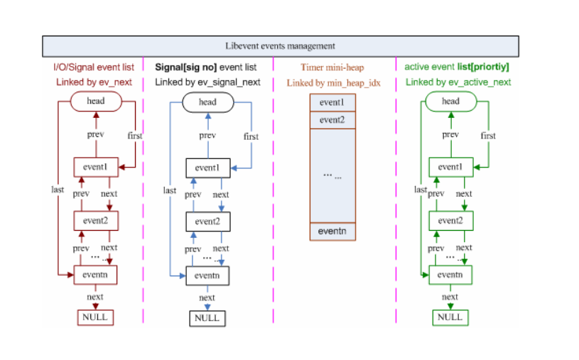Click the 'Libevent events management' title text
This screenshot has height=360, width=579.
tap(281, 45)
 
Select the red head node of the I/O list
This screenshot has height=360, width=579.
tap(96, 101)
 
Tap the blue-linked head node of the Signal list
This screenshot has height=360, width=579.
tap(208, 102)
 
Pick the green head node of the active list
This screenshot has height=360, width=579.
tap(451, 101)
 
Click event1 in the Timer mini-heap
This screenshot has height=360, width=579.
tap(332, 102)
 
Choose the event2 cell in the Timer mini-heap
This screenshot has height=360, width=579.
tap(332, 120)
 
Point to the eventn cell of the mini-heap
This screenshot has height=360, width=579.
tap(332, 231)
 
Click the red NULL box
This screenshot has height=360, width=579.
tap(95, 317)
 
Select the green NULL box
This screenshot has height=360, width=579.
tap(450, 317)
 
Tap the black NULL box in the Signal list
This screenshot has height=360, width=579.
tap(207, 318)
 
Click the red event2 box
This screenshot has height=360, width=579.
tap(96, 221)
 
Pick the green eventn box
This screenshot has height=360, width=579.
tap(450, 275)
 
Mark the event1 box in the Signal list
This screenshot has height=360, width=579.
tap(208, 168)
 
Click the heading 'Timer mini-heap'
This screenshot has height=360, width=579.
tap(332, 67)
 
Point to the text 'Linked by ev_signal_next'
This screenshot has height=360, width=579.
tap(207, 82)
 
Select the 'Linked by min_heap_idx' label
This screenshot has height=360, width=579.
tap(333, 83)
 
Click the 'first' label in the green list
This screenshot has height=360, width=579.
tap(488, 136)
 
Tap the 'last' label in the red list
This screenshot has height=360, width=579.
tap(58, 190)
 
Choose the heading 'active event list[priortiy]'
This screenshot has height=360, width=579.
tap(457, 67)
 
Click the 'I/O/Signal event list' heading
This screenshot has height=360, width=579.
tap(94, 67)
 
